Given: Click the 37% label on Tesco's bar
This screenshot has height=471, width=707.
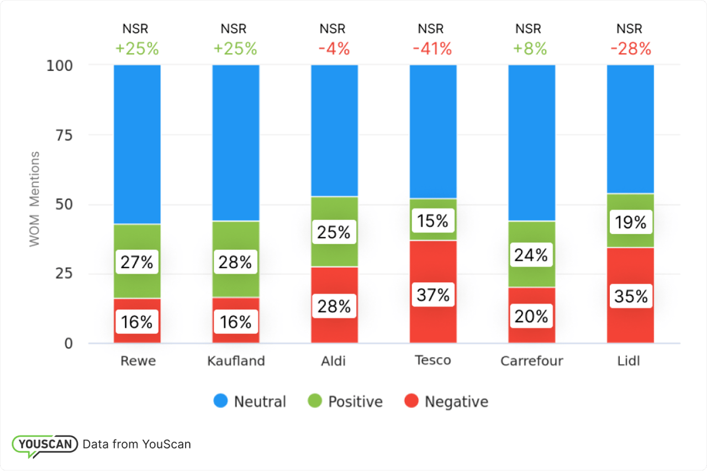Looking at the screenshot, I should (433, 295).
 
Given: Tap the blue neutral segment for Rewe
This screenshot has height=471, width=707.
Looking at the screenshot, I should (137, 144).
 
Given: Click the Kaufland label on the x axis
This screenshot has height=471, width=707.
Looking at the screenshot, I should (236, 361).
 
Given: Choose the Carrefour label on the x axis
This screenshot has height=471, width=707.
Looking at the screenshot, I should (531, 361).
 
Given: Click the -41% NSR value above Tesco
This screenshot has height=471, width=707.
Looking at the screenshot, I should (432, 49).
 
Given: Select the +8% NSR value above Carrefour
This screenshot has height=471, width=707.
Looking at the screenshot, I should (530, 49).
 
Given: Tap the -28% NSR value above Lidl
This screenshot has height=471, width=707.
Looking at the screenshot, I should (630, 49).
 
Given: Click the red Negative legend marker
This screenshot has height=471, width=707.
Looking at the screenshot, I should (412, 401).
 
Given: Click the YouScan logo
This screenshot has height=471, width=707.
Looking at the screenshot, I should (44, 444).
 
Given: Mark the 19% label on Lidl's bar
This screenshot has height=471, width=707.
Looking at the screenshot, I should (630, 222).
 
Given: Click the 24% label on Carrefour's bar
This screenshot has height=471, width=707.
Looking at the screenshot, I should (531, 255).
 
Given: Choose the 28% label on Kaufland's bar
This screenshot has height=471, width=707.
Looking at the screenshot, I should (236, 262).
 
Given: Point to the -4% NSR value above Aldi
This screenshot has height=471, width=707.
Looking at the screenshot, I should (334, 49).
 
